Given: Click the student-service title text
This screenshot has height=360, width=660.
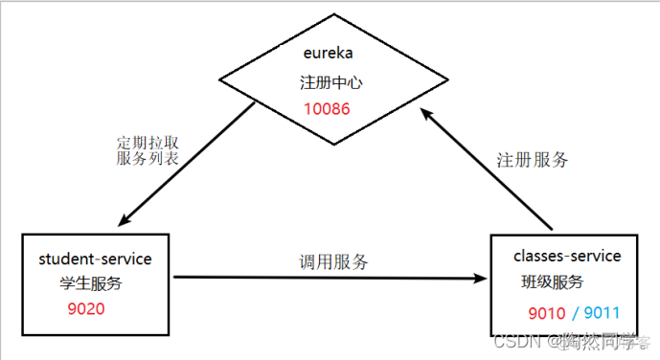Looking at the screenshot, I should point(95,259).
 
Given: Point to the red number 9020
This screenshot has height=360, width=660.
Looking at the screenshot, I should point(86,308).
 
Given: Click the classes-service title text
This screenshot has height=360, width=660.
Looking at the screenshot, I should point(567,256).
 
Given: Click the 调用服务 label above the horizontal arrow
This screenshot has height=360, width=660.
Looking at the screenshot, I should point(333,261).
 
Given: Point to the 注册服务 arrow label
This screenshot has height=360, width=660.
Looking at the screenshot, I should point(533,160).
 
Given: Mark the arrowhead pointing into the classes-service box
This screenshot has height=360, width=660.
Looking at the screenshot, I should point(482,279).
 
